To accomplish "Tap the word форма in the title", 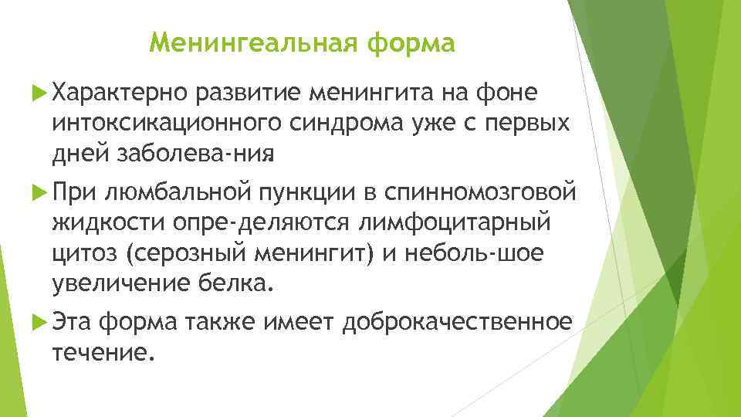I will pos(411,43).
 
